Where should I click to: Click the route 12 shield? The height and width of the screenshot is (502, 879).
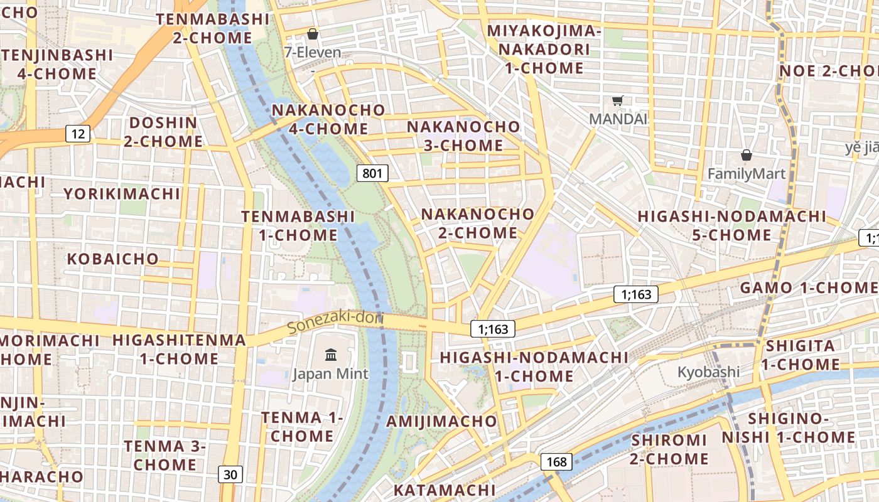point(77,133)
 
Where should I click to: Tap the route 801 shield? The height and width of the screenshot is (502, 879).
point(372,173)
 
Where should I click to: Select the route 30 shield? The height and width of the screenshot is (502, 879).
point(230,474)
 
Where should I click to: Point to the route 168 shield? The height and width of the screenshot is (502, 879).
point(556,462)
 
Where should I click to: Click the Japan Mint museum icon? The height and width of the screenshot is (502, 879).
point(331,356)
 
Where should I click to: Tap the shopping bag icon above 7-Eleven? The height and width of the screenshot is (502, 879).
point(312,34)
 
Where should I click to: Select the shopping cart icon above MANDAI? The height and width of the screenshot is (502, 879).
point(618,100)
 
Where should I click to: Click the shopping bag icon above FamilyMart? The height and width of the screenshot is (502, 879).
point(747,154)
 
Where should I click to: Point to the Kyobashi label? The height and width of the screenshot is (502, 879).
point(708,372)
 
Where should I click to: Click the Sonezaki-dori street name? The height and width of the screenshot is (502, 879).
point(335,322)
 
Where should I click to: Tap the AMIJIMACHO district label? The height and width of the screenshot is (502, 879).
point(441,421)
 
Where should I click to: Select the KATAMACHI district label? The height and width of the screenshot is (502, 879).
point(445,489)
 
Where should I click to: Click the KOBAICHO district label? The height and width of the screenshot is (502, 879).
point(113,259)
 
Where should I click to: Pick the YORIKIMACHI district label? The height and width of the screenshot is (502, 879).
point(122,193)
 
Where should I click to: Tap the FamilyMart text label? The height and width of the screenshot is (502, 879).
point(747,174)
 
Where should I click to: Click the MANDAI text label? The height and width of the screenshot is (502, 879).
point(618,119)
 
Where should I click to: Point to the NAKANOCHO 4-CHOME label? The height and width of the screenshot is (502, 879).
point(328,119)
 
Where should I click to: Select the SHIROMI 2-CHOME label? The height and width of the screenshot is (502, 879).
point(669,449)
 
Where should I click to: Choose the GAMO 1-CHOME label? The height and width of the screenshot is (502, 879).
point(809,288)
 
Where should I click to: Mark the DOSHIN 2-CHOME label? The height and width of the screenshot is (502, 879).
point(163,132)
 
